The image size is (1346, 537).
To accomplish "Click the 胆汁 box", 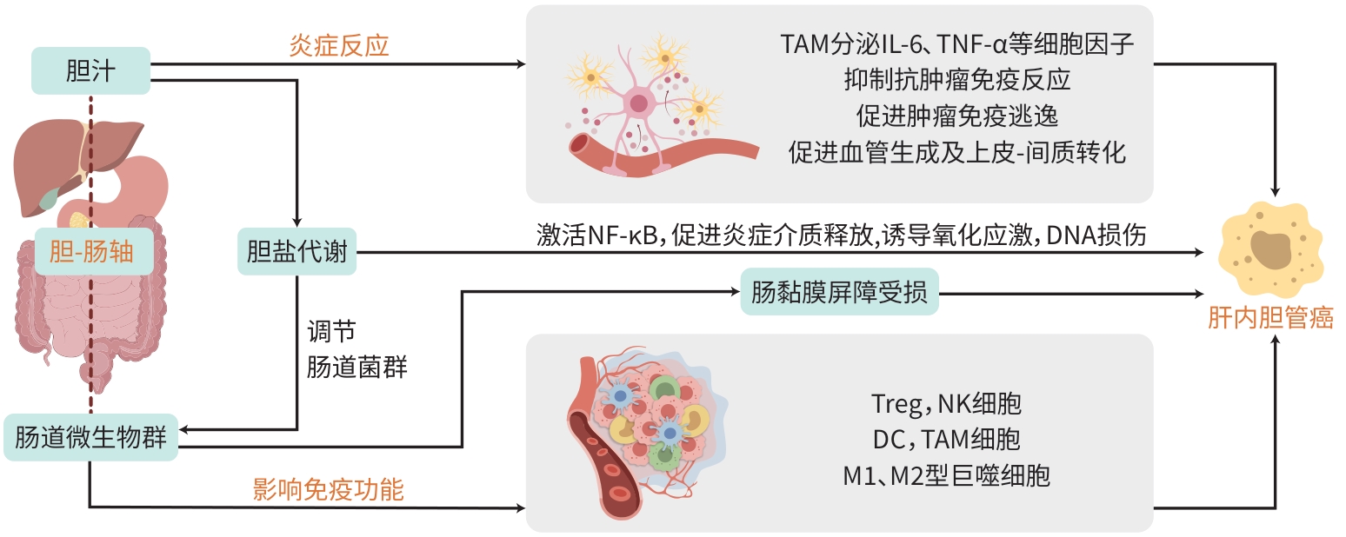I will (90, 71).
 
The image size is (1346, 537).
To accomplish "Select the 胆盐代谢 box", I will (297, 252).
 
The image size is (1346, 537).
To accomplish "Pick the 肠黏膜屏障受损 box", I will (839, 292).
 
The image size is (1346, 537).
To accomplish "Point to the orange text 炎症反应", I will (338, 46).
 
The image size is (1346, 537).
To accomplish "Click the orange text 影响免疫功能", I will (328, 489).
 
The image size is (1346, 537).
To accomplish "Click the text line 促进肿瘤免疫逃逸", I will (956, 116).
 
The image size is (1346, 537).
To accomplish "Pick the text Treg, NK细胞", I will (946, 403).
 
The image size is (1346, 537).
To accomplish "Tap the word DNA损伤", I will (1097, 235).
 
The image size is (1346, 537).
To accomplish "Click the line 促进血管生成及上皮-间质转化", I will (956, 153).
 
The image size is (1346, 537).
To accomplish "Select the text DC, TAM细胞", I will (946, 440).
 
